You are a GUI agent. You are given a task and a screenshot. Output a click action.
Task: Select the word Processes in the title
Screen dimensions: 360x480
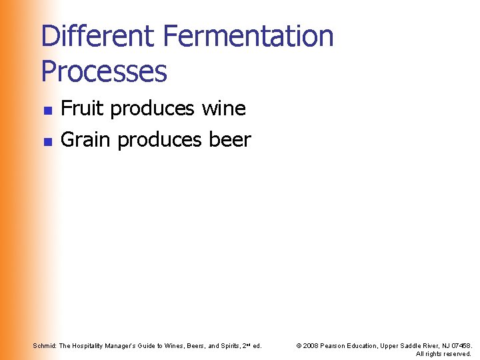(x=104, y=71)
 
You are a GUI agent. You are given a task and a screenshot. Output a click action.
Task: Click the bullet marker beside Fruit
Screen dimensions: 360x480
(x=47, y=109)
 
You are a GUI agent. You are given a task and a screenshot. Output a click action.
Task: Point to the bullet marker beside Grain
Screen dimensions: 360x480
(x=47, y=141)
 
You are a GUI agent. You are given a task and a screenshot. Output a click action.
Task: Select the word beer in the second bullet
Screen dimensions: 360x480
(x=229, y=139)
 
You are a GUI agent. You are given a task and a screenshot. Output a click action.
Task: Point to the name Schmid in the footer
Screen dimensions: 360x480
(x=44, y=345)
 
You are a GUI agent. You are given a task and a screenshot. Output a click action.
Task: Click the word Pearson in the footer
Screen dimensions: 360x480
(x=335, y=345)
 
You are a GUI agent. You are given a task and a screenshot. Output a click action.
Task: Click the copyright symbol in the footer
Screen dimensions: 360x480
(x=298, y=345)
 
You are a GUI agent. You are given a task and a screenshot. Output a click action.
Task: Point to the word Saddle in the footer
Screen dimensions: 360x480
(x=415, y=345)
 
